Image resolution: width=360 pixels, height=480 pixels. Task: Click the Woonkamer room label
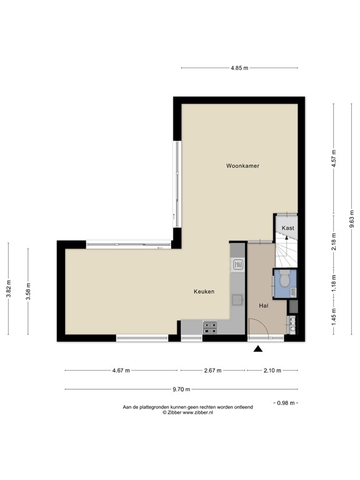click(242, 166)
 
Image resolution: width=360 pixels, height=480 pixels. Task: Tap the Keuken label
click(204, 291)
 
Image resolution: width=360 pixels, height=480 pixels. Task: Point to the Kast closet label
click(287, 228)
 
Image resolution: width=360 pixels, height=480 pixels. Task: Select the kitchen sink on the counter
click(237, 264)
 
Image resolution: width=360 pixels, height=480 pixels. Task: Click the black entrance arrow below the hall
click(257, 349)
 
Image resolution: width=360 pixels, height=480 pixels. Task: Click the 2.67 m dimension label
click(213, 371)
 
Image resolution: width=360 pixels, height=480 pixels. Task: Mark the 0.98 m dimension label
click(286, 403)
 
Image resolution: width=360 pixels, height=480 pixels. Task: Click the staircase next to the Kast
click(286, 253)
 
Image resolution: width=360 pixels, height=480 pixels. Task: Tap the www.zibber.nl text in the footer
click(199, 412)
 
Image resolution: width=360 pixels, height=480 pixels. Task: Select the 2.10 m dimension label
click(271, 371)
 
